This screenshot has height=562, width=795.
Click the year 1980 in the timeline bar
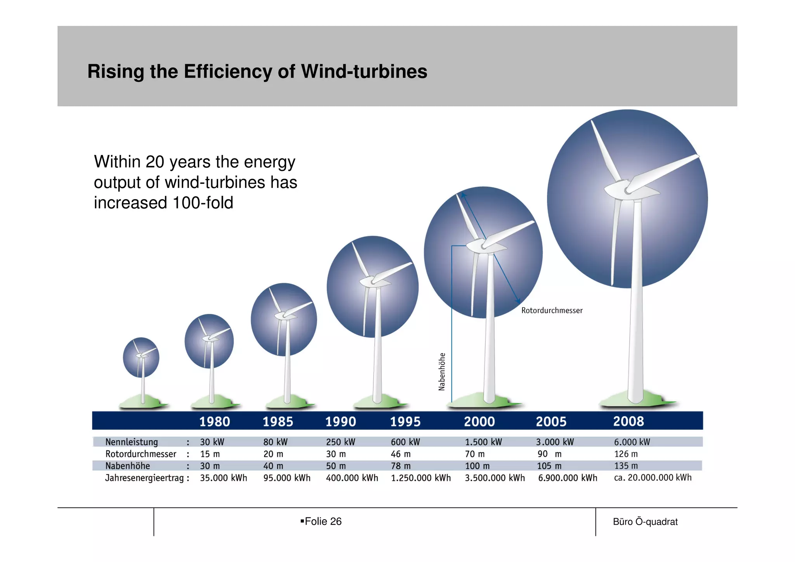(x=214, y=421)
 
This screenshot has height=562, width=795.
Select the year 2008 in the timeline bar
(x=628, y=421)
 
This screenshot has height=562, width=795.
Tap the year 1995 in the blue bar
(x=405, y=421)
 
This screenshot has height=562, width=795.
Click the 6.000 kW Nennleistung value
(x=632, y=442)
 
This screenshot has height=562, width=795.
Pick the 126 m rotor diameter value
(x=626, y=454)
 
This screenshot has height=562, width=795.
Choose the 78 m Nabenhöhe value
(x=400, y=466)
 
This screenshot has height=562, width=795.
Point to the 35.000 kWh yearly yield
(x=223, y=478)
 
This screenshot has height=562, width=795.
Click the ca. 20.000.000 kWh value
(x=653, y=477)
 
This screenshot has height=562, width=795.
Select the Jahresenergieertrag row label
(x=144, y=478)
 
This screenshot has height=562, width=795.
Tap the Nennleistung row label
(x=132, y=442)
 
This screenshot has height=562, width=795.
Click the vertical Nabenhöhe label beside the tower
(x=442, y=371)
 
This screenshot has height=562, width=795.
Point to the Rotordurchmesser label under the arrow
(x=552, y=310)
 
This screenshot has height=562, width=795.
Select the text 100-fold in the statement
(x=203, y=203)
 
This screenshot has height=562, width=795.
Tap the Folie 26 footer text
(x=323, y=521)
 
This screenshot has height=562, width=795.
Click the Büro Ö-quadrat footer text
(x=645, y=522)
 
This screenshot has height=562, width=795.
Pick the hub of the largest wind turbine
(x=628, y=190)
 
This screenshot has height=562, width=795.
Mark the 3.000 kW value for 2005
(x=555, y=442)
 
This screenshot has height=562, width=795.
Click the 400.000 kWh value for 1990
(x=352, y=478)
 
